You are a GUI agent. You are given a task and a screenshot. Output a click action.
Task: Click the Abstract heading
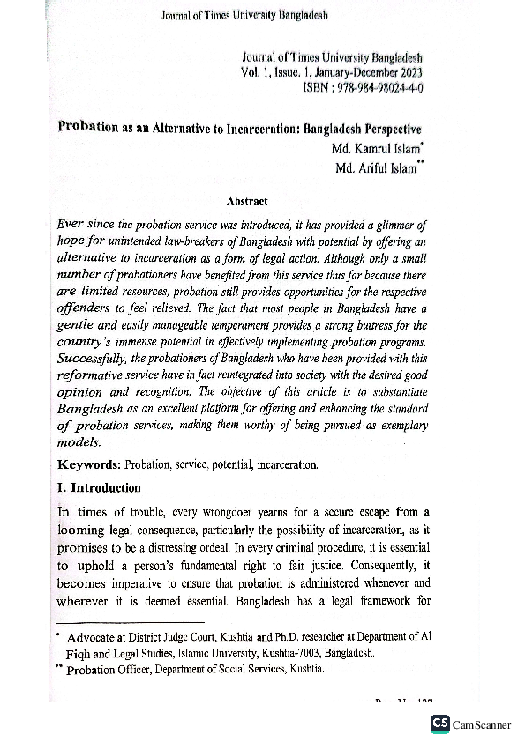[247, 201]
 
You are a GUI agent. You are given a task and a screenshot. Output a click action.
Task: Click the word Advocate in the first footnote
[92, 637]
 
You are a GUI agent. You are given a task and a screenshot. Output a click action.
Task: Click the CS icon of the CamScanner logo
[439, 723]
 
